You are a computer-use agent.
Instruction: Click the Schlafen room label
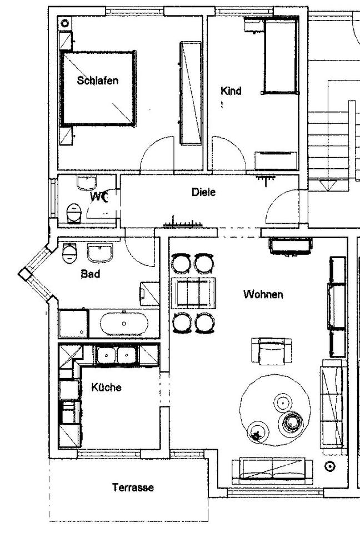[x=98, y=81]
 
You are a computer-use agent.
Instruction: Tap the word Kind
[x=231, y=90]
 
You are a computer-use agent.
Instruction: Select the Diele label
[x=203, y=192]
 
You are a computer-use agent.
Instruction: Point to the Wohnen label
[x=263, y=294]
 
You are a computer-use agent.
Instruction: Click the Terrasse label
[x=133, y=487]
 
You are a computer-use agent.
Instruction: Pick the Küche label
[x=106, y=387]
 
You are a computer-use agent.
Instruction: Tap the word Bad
[x=91, y=274]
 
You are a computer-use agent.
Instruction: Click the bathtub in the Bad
[x=124, y=324]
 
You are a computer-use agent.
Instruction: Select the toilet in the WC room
[x=74, y=213]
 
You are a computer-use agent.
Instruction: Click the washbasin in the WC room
[x=87, y=183]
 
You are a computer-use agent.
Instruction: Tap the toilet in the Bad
[x=70, y=253]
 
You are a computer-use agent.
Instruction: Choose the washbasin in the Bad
[x=100, y=253]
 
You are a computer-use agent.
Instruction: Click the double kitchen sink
[x=117, y=355]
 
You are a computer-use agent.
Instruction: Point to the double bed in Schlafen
[x=98, y=89]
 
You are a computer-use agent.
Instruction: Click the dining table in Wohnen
[x=193, y=293]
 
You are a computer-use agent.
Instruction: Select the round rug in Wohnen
[x=275, y=410]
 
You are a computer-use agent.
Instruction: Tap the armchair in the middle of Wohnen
[x=272, y=351]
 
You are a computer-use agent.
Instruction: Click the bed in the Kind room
[x=281, y=56]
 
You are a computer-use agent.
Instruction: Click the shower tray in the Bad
[x=73, y=323]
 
